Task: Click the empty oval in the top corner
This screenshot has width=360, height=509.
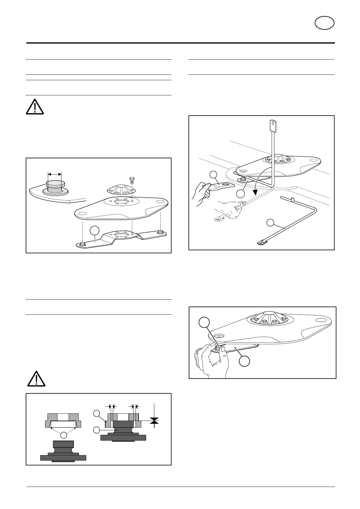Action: [x=324, y=23]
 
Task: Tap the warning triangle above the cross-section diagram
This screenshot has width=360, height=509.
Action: [x=36, y=379]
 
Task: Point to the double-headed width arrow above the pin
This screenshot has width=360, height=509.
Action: [x=55, y=174]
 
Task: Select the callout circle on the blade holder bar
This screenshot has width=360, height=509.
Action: [x=94, y=230]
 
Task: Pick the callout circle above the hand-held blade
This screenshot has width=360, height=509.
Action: [x=214, y=175]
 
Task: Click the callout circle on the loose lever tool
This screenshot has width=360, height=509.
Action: [x=270, y=223]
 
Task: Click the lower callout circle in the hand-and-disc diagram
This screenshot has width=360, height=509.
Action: [x=244, y=361]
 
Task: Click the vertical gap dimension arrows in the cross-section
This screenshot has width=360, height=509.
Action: [x=155, y=420]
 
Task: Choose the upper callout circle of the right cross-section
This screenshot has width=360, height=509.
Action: [x=96, y=413]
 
